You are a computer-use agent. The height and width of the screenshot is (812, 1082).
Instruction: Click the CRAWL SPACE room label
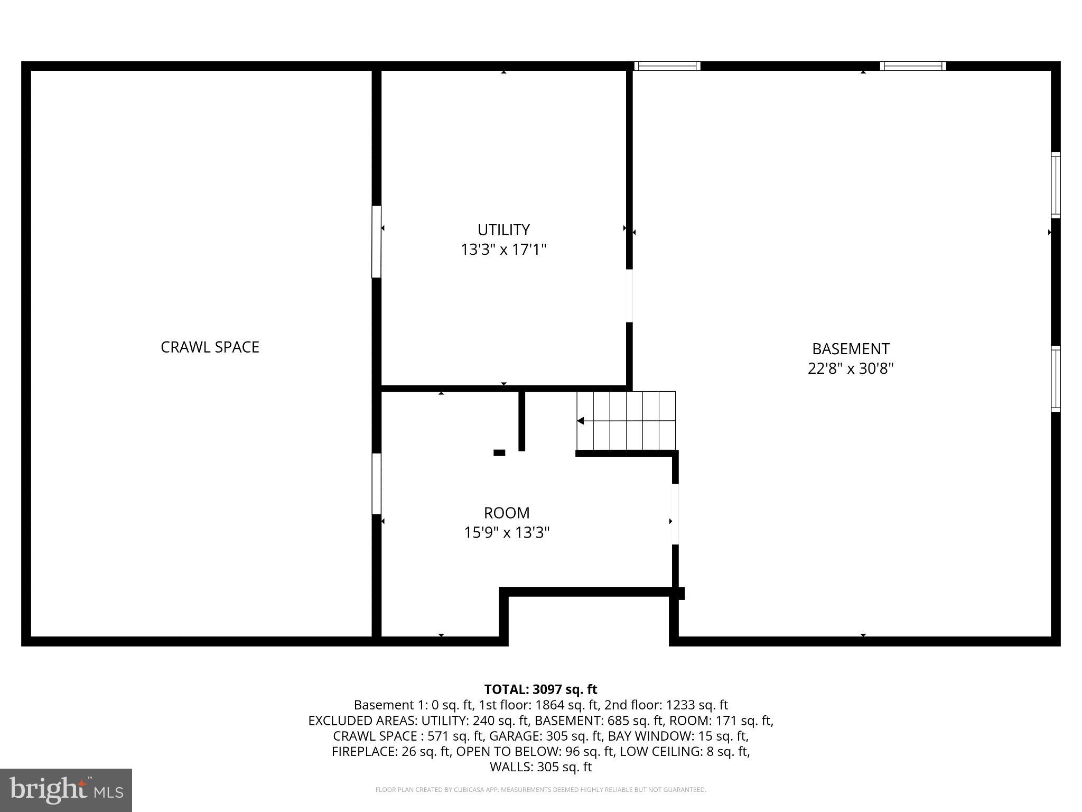click(210, 347)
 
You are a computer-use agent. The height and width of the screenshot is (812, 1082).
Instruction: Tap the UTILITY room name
click(503, 230)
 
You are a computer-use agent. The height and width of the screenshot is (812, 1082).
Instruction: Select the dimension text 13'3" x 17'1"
click(503, 250)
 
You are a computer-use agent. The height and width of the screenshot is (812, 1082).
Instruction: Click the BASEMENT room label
click(851, 349)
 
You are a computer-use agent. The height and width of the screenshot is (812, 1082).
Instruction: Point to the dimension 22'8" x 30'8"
click(851, 368)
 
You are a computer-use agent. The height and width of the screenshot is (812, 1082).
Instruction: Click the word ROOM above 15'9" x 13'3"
click(507, 513)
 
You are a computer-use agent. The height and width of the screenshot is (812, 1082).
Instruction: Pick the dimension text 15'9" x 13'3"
click(507, 532)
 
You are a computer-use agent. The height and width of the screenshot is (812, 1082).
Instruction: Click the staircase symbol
click(626, 421)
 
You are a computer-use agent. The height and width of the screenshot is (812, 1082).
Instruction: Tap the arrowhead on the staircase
click(580, 421)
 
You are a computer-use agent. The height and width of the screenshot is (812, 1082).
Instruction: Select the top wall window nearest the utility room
click(667, 66)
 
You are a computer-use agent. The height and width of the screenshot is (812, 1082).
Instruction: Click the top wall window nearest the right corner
click(913, 66)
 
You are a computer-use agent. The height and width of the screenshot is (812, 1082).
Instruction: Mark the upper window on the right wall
click(1055, 185)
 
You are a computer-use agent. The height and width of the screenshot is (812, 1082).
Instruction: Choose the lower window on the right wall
click(1055, 379)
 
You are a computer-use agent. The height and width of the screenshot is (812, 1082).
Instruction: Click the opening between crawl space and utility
click(377, 242)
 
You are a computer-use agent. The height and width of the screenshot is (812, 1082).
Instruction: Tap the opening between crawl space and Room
click(377, 484)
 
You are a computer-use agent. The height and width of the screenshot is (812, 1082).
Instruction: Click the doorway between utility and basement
click(629, 296)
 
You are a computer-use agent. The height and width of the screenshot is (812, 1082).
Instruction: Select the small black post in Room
click(499, 453)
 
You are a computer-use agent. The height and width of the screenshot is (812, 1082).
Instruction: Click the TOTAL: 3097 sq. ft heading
click(540, 689)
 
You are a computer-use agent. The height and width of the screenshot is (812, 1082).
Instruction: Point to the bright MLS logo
click(66, 790)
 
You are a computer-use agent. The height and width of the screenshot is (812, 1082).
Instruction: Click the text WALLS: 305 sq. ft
click(540, 767)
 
